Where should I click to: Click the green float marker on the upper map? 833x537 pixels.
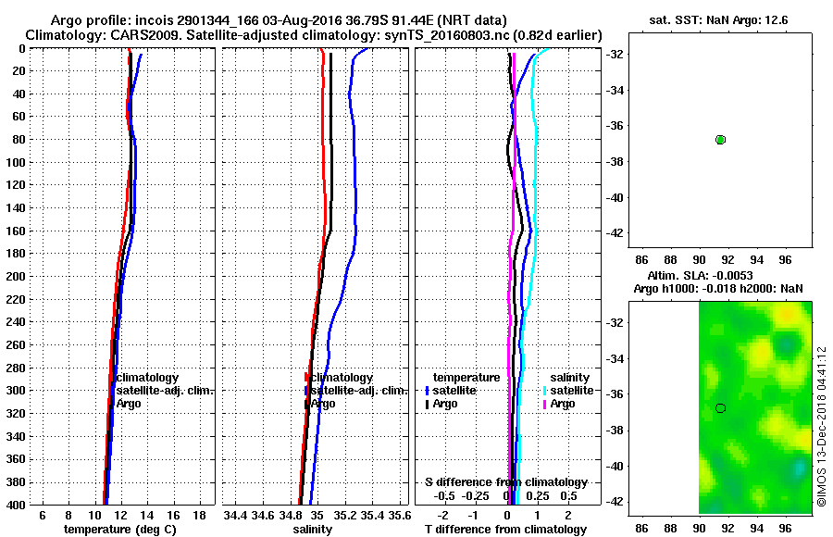pyautogui.click(x=720, y=139)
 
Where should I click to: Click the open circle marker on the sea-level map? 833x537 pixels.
pyautogui.click(x=720, y=407)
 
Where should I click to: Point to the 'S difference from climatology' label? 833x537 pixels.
pyautogui.click(x=506, y=482)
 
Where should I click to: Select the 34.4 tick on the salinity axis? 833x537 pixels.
pyautogui.click(x=236, y=515)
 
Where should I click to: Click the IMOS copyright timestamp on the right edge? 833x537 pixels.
pyautogui.click(x=822, y=426)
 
